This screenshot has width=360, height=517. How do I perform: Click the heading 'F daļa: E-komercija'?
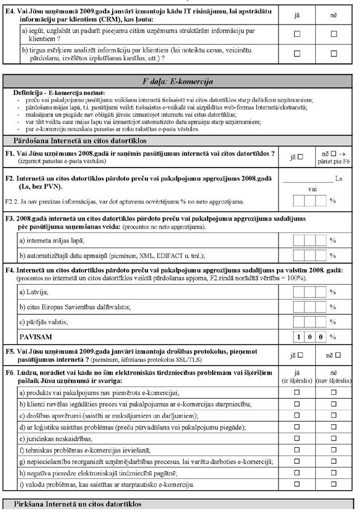(x=178, y=82)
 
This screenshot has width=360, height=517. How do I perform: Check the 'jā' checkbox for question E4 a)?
(x=297, y=34)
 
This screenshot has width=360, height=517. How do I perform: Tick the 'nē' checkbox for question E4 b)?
(x=334, y=54)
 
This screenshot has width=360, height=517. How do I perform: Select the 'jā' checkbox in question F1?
(x=300, y=157)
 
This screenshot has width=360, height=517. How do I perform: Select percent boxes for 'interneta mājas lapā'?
(x=310, y=241)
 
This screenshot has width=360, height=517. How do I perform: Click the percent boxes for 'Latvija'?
(x=310, y=292)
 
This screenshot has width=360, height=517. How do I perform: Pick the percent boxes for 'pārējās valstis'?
(x=310, y=322)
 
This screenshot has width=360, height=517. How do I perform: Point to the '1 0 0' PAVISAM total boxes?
(x=310, y=337)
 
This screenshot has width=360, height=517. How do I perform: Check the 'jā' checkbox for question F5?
(x=300, y=355)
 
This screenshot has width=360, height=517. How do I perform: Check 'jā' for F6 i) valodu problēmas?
(x=297, y=484)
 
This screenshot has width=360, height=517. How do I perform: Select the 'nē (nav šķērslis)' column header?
(x=333, y=377)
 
